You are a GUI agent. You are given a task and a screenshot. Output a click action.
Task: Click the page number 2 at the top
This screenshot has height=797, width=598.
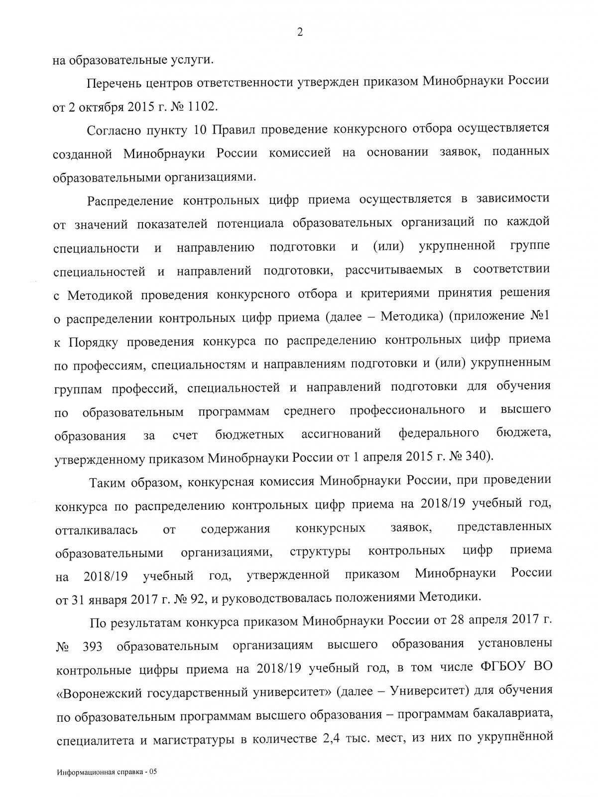(300, 33)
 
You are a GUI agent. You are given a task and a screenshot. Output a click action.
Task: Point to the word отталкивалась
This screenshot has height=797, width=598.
(96, 529)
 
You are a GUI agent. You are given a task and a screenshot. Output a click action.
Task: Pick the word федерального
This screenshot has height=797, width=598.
(439, 433)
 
